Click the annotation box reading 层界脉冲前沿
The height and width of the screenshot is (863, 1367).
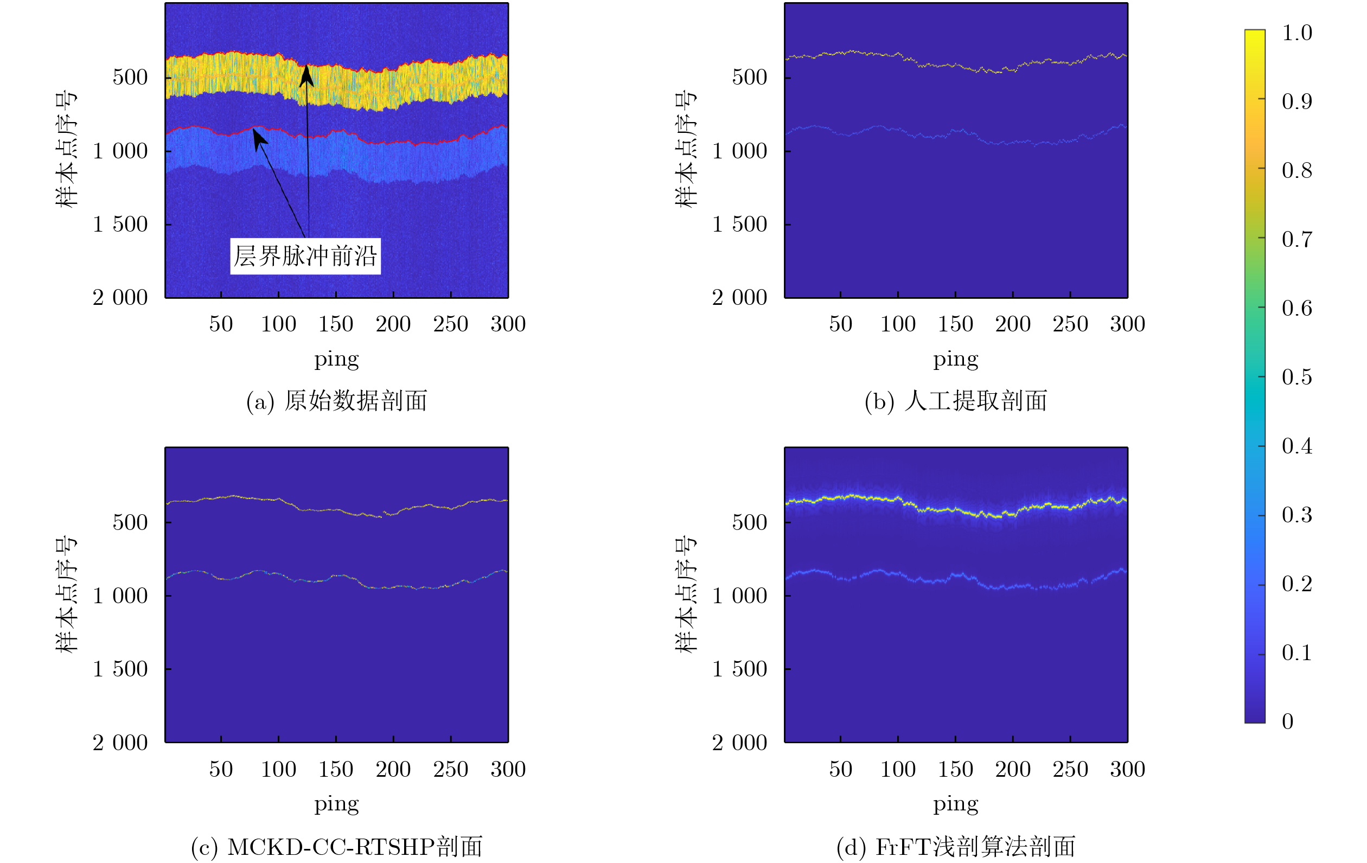305,256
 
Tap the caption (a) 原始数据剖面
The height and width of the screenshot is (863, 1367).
337,401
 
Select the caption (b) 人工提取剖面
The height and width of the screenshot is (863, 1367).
956,401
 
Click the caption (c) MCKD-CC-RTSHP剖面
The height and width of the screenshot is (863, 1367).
337,847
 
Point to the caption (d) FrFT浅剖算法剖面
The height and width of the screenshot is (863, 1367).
956,847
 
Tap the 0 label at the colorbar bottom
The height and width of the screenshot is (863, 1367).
1287,721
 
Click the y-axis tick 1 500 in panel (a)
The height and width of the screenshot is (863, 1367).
120,224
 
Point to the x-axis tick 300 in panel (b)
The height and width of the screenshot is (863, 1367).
1127,324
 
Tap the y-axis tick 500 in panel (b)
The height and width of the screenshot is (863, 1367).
749,77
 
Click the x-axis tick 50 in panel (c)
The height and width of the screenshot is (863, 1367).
221,769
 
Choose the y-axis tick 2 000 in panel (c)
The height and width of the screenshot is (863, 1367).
120,743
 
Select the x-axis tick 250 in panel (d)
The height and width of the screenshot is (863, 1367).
1070,769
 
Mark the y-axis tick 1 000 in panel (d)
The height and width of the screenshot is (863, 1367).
740,596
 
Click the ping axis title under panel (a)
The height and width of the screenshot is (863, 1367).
337,360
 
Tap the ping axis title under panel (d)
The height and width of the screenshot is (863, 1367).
956,804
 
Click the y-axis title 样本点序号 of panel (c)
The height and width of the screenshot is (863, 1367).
66,594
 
